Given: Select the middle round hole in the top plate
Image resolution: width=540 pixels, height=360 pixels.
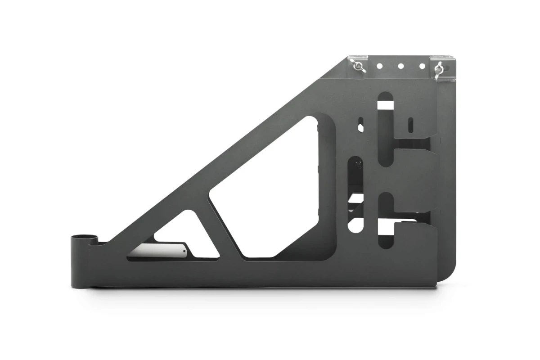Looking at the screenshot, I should tap(400, 66).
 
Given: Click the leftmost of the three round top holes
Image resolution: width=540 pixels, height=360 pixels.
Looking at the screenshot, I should tap(379, 66).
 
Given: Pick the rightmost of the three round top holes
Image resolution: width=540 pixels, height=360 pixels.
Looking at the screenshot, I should tap(422, 66).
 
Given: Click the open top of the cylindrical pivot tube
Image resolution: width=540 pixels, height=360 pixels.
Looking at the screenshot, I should tap(85, 236).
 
